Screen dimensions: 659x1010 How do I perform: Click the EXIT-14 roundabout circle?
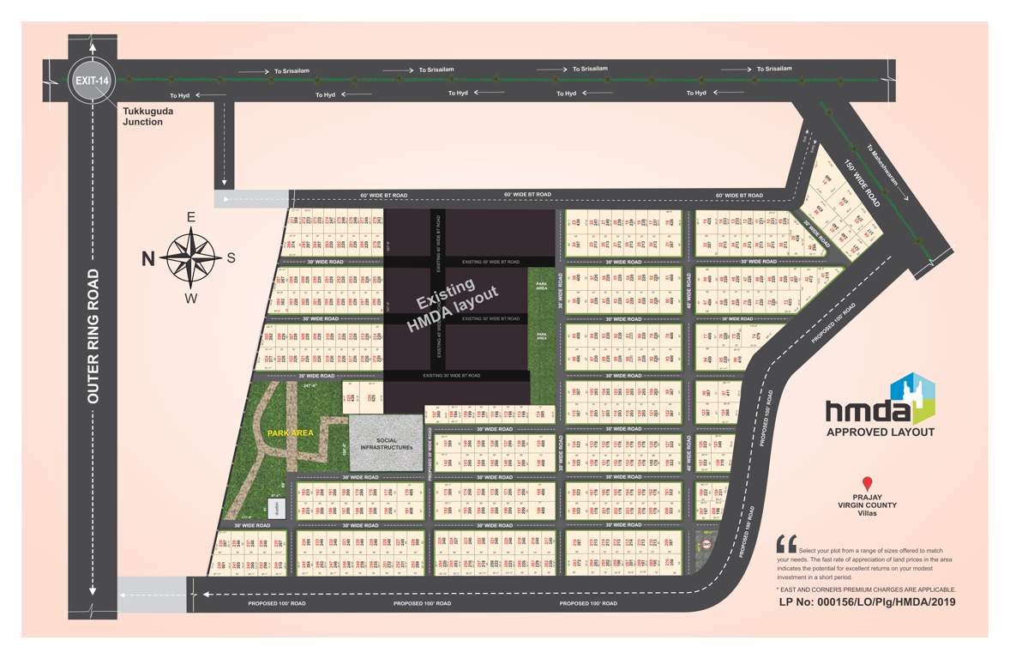coord(92,80)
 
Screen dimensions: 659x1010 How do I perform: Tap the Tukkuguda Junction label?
coord(142,117)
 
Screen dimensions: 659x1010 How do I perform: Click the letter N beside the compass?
coord(147,257)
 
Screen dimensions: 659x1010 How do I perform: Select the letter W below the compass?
coord(191,299)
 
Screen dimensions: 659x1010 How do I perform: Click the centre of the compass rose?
coord(190,255)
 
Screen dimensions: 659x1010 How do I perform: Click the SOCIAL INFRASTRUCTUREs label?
coord(387,444)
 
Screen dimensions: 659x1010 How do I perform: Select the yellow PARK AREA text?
coord(290,433)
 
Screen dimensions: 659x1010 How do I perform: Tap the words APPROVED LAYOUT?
coord(880,432)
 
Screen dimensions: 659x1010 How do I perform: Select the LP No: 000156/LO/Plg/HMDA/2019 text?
coord(867,602)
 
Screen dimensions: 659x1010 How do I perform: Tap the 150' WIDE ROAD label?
coord(862,185)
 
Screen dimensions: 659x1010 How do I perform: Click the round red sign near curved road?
coord(706,543)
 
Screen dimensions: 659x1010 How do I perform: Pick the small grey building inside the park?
coord(277,508)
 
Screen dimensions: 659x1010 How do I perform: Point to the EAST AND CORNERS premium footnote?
coord(866,589)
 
